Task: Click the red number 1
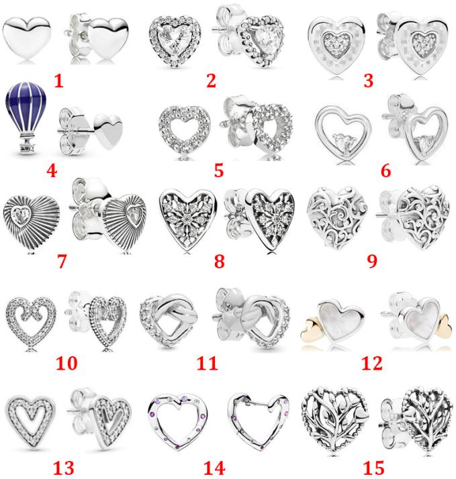click(58, 81)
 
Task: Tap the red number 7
click(62, 261)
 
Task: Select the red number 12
click(372, 363)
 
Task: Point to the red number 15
click(373, 468)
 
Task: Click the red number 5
click(219, 170)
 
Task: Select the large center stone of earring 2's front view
click(175, 40)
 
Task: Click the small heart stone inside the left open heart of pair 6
click(343, 142)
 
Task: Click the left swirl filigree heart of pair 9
click(337, 216)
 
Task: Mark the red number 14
click(214, 468)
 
